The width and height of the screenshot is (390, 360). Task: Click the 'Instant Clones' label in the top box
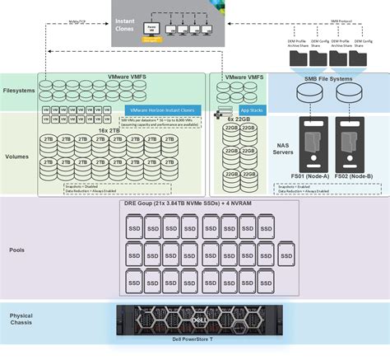point(127,24)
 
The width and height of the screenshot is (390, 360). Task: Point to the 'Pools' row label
point(16,249)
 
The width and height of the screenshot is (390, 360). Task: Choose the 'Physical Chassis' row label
point(21,320)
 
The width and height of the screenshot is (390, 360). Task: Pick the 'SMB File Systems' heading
point(327,78)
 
